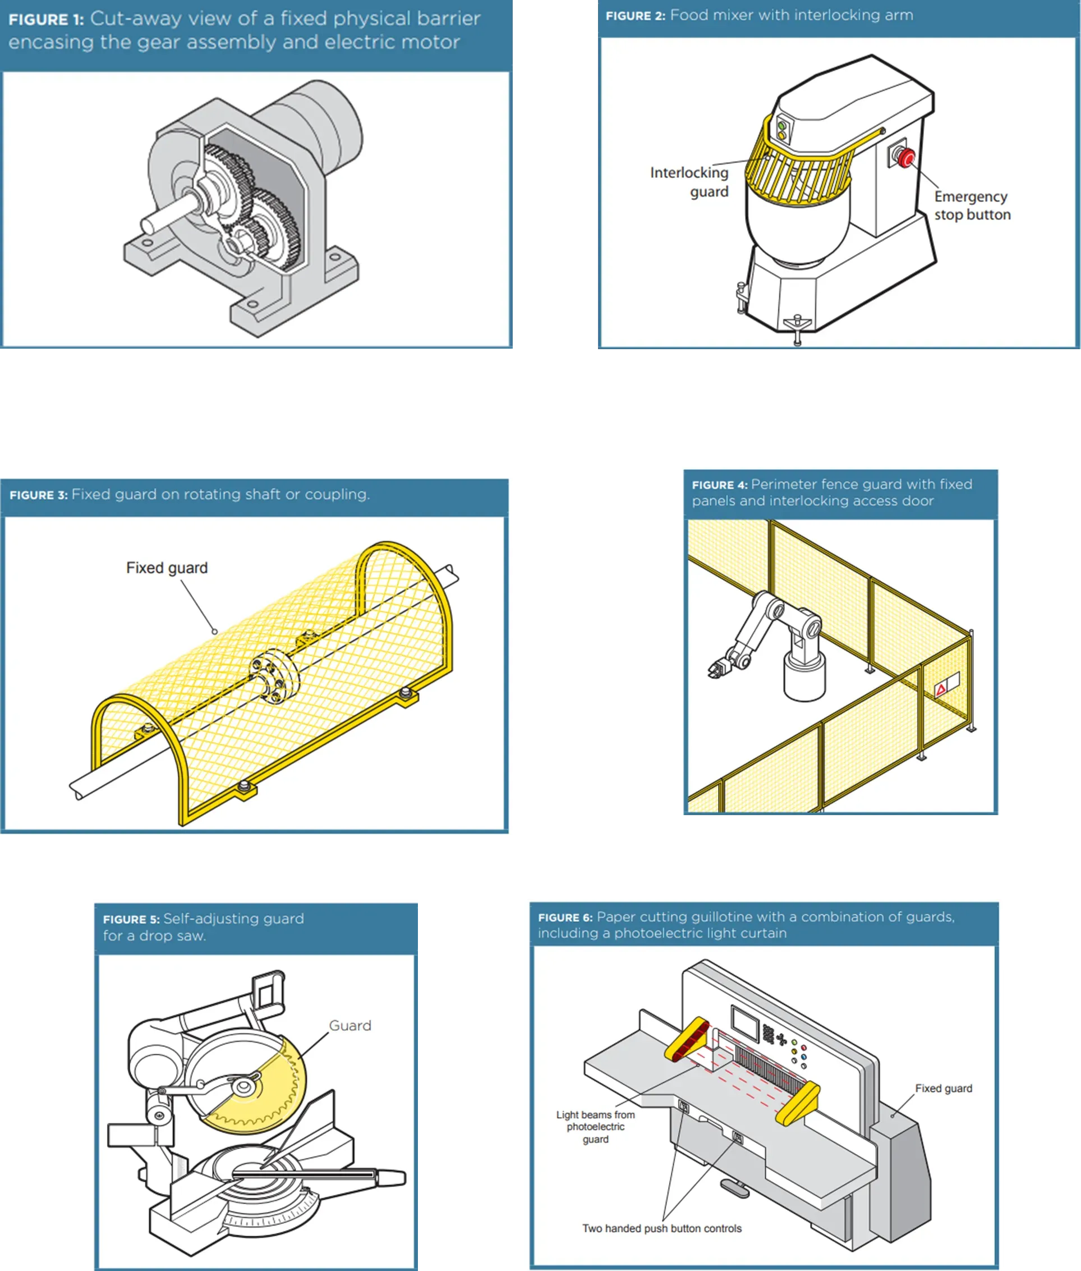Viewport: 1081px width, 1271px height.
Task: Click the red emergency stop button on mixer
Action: click(x=906, y=158)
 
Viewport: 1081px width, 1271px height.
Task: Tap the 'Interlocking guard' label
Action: click(x=690, y=182)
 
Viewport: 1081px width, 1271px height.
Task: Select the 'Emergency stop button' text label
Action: click(x=972, y=205)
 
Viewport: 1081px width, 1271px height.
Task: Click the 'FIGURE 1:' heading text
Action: click(x=46, y=20)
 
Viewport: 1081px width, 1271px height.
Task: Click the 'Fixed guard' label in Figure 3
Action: click(x=167, y=568)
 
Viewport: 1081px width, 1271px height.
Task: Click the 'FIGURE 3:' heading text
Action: click(x=39, y=495)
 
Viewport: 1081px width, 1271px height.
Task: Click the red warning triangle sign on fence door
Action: click(x=941, y=689)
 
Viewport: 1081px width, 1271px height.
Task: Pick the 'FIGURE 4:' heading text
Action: click(x=719, y=485)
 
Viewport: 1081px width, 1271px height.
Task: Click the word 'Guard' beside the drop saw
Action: click(x=350, y=1026)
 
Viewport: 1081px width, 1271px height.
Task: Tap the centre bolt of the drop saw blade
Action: click(x=243, y=1087)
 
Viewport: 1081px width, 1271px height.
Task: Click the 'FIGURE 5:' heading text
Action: click(x=131, y=919)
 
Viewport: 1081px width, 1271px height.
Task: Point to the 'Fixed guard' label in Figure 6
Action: click(x=943, y=1089)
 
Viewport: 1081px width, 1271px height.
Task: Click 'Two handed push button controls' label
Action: click(x=662, y=1228)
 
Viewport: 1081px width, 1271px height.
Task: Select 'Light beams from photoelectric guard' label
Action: click(x=595, y=1126)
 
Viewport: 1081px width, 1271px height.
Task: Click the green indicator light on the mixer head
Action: click(x=781, y=126)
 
